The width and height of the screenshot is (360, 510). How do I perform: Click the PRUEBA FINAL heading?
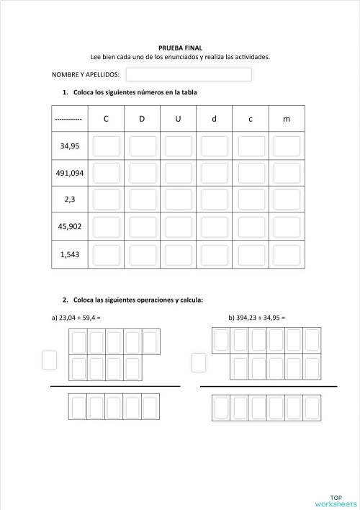180,48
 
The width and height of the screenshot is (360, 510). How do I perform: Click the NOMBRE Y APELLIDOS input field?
189,74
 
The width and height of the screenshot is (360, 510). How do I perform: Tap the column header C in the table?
106,119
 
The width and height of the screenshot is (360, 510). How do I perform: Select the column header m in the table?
287,119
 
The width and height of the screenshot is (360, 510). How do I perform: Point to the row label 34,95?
70,146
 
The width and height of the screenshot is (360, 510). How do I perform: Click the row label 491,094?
70,173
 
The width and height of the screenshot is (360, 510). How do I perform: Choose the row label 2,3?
70,200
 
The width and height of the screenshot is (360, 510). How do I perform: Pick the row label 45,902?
70,226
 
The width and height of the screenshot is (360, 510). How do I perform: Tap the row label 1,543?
70,254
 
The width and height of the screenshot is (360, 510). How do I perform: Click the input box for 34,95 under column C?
107,146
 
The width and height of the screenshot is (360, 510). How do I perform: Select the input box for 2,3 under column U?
179,200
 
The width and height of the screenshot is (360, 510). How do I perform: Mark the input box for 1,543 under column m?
287,254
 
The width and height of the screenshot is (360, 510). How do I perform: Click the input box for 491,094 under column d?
215,173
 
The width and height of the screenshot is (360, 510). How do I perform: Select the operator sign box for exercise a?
50,359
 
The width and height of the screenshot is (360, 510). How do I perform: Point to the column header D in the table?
142,119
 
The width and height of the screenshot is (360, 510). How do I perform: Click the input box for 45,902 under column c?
251,227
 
